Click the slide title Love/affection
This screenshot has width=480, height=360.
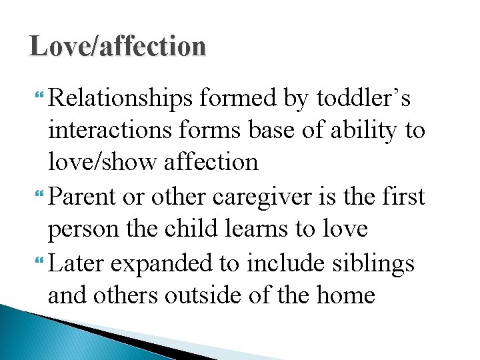(x=118, y=47)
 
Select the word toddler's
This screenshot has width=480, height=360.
(x=363, y=99)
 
